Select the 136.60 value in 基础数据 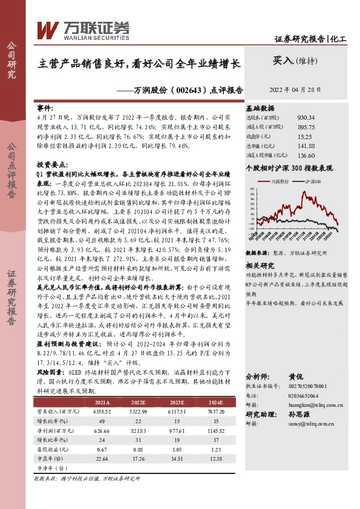pos(306,155)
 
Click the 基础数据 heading pos(260,107)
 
